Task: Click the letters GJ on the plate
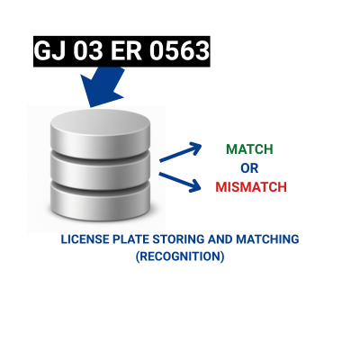pos(50,51)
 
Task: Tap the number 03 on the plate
pos(88,51)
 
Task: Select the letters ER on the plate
pos(126,51)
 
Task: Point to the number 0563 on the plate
pos(179,51)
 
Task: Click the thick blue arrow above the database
pos(101,85)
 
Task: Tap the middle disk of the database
pos(100,168)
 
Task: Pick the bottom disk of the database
pos(100,201)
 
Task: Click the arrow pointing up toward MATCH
pos(181,152)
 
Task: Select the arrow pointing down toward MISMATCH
pos(180,182)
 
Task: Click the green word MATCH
pos(249,149)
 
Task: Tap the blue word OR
pos(249,168)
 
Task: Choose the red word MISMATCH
pos(251,187)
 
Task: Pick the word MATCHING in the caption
pos(267,239)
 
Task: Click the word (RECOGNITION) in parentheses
pos(180,256)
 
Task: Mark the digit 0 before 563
pos(157,51)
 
